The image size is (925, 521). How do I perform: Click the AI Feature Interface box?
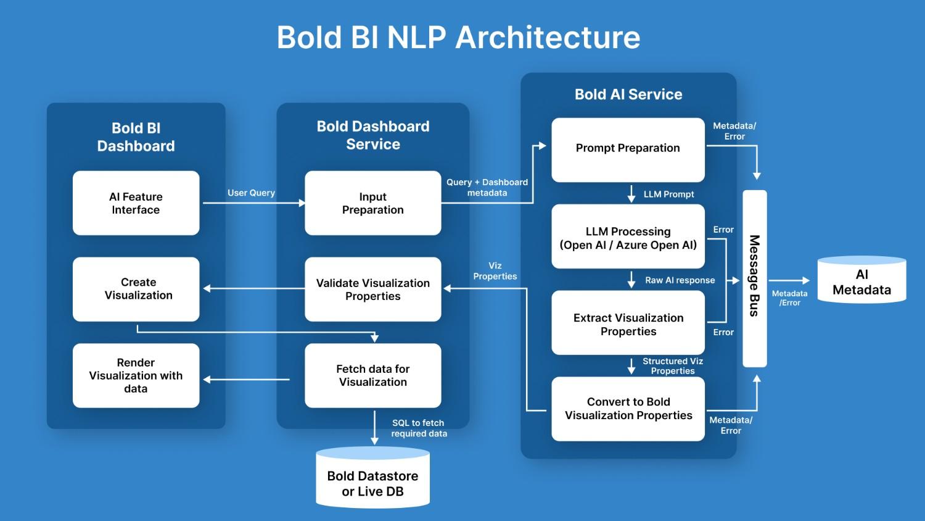(136, 203)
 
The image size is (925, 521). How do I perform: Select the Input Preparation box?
(372, 203)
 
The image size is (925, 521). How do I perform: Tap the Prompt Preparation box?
(628, 149)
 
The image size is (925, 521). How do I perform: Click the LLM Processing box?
(628, 237)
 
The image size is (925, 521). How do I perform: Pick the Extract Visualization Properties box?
(628, 323)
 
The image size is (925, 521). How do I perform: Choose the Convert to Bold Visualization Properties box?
(628, 409)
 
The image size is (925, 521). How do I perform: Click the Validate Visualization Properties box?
(372, 290)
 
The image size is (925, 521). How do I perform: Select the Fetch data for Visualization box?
(372, 375)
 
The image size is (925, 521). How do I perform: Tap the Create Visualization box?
(136, 290)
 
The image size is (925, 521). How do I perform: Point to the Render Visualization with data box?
(136, 375)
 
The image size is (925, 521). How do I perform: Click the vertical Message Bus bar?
(754, 278)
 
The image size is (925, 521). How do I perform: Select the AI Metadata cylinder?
(861, 281)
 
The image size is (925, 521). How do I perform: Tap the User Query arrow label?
(251, 193)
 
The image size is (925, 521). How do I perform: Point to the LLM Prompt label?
(668, 194)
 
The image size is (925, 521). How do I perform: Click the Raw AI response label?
(680, 280)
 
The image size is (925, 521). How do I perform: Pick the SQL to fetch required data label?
(419, 428)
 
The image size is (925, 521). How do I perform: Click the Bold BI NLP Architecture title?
(458, 37)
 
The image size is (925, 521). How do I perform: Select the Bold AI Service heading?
(628, 94)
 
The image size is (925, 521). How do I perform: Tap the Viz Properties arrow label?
(495, 271)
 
